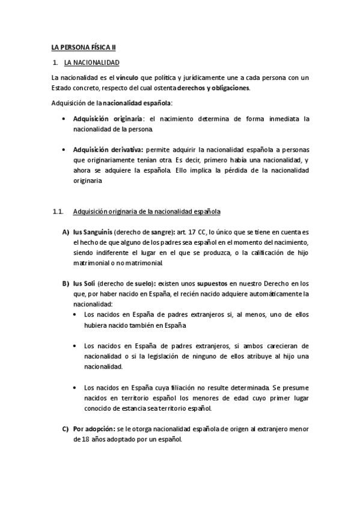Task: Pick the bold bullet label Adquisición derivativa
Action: (x=108, y=149)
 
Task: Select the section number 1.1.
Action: (x=58, y=212)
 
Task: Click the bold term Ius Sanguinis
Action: (x=92, y=232)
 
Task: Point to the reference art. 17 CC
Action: (x=188, y=232)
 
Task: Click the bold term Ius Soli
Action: (x=85, y=284)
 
